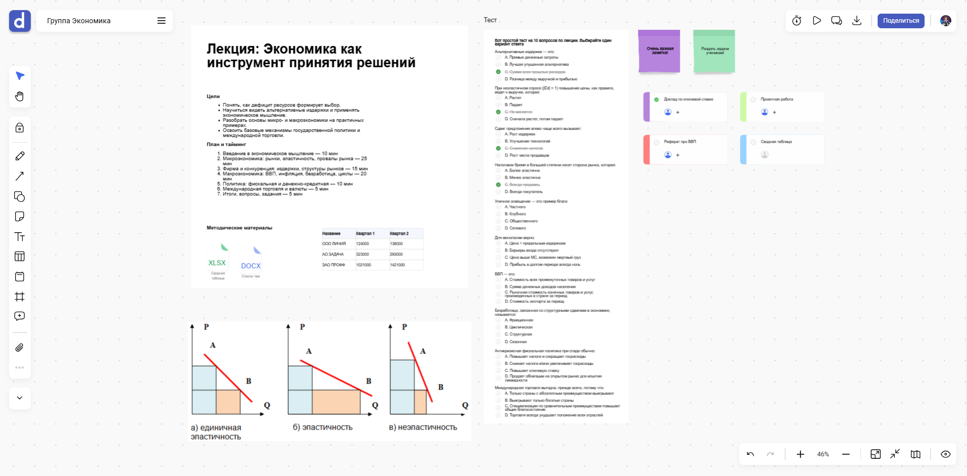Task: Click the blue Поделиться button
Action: click(901, 21)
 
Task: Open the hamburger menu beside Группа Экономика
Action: click(162, 21)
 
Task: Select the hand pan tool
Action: click(20, 96)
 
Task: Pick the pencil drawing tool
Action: click(20, 156)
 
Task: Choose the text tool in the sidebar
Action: click(20, 237)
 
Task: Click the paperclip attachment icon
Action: click(20, 348)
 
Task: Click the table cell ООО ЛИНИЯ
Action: click(334, 244)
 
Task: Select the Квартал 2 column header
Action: click(399, 234)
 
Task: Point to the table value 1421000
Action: click(397, 265)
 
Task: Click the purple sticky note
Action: click(659, 51)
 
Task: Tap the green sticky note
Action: click(714, 51)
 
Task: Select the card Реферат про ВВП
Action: click(680, 142)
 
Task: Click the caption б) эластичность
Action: click(323, 428)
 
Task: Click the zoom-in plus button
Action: click(800, 454)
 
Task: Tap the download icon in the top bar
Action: click(857, 21)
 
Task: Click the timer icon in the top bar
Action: click(797, 21)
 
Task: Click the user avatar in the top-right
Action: click(946, 21)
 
